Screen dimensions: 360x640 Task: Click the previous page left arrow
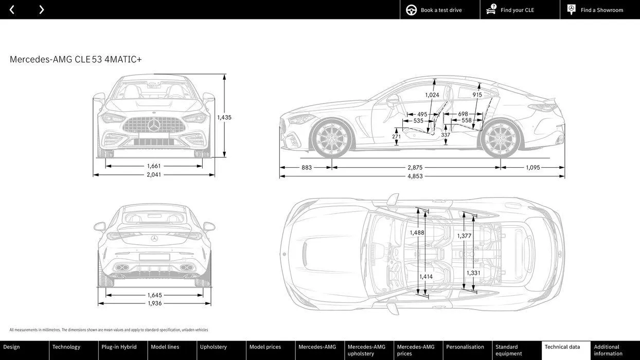point(12,10)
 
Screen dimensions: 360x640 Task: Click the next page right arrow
point(41,10)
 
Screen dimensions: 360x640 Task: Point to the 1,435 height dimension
point(224,117)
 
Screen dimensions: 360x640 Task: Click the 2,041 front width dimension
point(154,175)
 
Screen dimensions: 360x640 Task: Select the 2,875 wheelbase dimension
point(415,168)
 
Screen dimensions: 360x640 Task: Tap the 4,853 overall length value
point(415,176)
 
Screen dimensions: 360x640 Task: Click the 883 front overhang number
point(307,168)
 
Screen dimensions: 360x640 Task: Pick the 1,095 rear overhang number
point(533,168)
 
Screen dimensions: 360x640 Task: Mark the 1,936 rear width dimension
point(154,303)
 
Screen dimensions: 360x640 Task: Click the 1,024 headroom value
point(432,95)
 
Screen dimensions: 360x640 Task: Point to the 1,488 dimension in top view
point(417,233)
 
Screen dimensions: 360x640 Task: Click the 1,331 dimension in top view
point(473,273)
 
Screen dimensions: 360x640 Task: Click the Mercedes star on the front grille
point(154,125)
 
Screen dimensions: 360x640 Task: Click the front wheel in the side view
point(332,139)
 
